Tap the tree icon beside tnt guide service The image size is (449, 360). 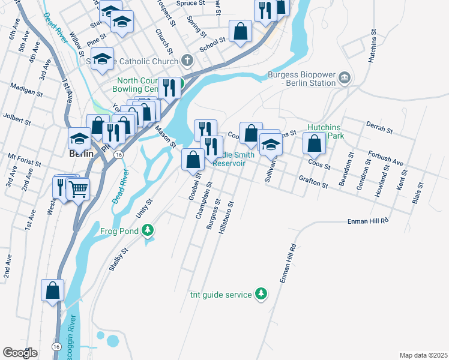point(261,293)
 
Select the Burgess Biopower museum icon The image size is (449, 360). point(345,76)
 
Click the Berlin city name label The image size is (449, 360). point(81,153)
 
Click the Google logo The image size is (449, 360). point(20,353)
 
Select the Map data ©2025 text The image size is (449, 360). point(423,355)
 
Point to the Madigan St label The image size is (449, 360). point(26,90)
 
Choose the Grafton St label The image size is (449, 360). point(313,182)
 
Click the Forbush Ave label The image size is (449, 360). point(386,158)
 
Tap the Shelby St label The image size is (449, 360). point(118,260)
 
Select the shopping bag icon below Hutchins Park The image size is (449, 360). point(314,143)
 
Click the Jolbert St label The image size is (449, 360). point(17,118)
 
